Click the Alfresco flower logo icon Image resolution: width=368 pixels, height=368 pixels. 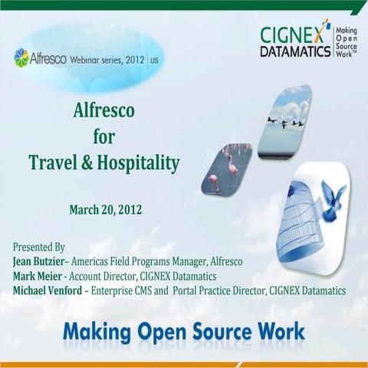point(21,58)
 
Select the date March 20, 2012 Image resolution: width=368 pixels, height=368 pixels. point(105,209)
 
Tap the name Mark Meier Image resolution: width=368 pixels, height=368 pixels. point(37,276)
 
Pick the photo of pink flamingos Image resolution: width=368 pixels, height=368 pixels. point(225,169)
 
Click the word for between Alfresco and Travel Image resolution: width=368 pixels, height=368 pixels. point(103,136)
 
